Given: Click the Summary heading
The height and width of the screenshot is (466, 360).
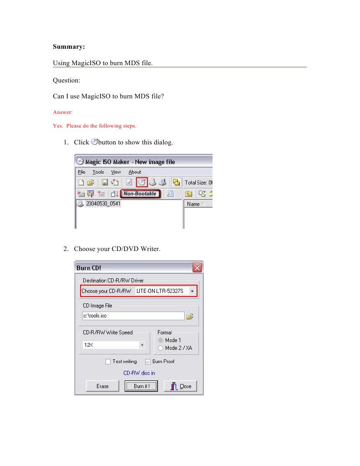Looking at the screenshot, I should point(69,47).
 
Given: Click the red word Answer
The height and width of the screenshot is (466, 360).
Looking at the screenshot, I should point(63,112).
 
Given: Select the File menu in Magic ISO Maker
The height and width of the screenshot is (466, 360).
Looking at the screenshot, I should point(81,172).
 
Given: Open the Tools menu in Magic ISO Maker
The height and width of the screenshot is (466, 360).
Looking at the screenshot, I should point(98,172).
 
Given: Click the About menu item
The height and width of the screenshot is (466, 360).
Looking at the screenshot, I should point(135,172).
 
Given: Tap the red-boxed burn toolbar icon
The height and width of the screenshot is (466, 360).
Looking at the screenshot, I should point(142,182).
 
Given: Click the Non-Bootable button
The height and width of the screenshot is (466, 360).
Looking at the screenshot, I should point(140,194).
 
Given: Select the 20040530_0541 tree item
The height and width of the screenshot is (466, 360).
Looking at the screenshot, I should point(103,204).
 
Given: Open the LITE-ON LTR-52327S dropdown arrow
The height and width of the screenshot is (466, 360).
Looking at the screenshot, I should point(192,291).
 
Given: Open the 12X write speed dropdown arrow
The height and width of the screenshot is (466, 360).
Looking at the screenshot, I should point(142,345).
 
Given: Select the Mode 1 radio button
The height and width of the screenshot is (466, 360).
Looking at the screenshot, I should point(160,340).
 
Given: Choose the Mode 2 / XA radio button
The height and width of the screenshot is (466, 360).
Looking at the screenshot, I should point(160,348).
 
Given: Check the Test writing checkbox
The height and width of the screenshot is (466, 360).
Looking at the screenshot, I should point(108,361).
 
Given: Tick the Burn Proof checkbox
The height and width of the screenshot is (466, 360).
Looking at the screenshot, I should point(148,361).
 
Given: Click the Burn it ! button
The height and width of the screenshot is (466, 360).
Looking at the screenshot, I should point(141,386).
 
